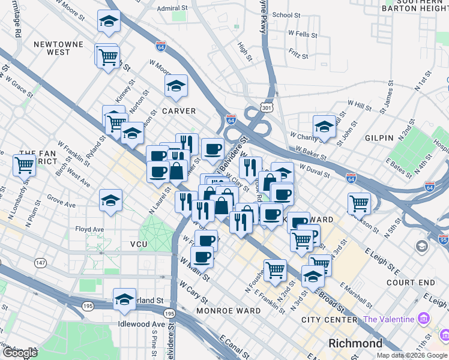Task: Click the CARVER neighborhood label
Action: (x=179, y=111)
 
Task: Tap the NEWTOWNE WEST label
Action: (x=52, y=48)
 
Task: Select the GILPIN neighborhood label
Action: (x=379, y=138)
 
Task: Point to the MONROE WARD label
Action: (x=229, y=311)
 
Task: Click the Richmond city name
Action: (x=355, y=344)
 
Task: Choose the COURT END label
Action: (x=411, y=282)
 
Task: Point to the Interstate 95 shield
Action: (x=444, y=241)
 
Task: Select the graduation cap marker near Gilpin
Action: (x=324, y=127)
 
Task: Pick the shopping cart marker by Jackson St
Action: (x=359, y=203)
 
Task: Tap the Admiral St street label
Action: (x=172, y=9)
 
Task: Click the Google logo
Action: (x=20, y=352)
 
